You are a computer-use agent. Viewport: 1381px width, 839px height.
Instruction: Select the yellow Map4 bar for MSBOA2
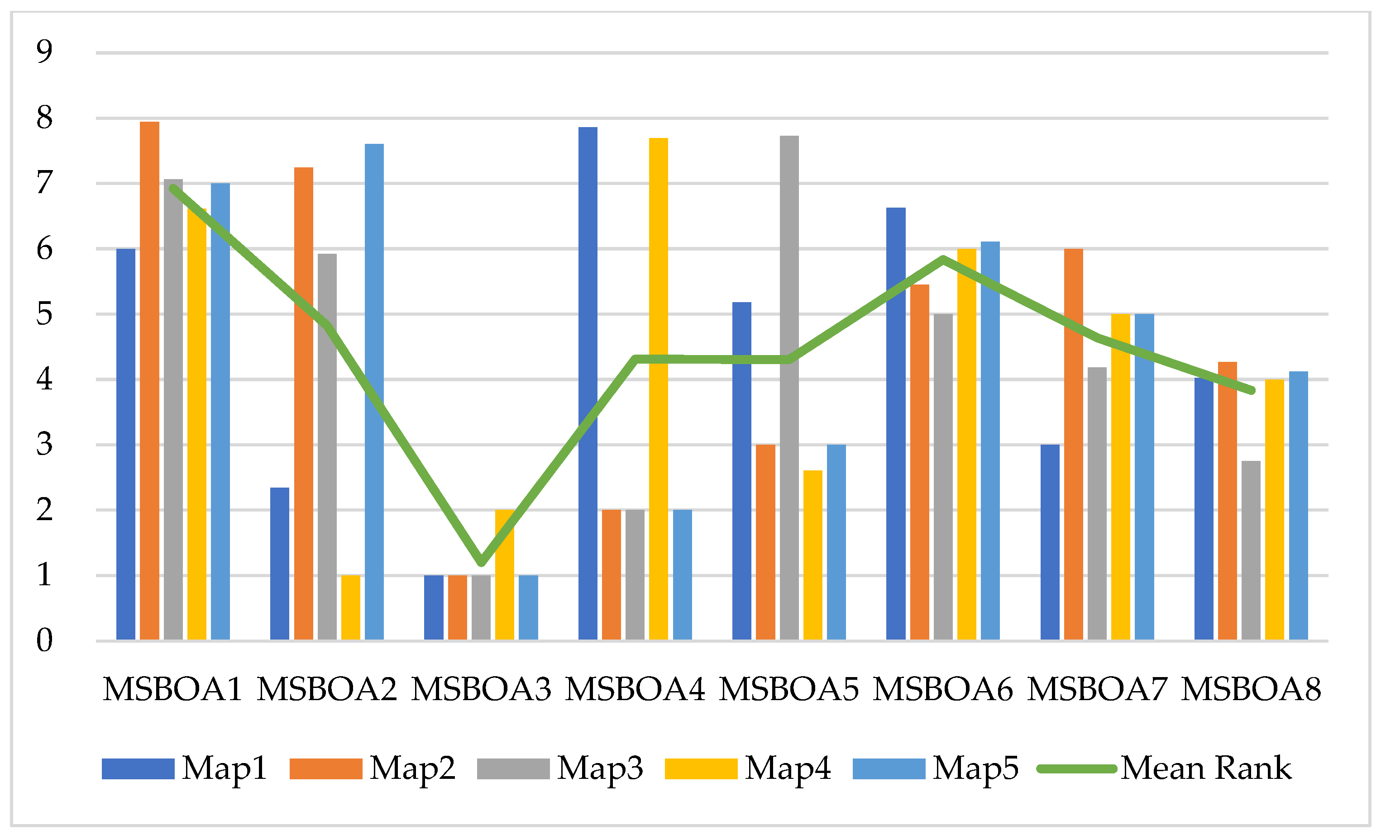click(350, 608)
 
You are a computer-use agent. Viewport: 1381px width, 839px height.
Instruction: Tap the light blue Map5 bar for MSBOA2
click(374, 392)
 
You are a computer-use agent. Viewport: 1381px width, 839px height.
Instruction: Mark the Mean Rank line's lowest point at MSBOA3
click(481, 562)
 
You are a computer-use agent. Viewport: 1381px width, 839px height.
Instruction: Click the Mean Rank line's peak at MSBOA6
click(943, 259)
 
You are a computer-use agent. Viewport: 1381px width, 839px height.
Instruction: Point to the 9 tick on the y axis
click(44, 52)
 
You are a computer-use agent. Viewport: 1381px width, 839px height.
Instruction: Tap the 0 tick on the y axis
click(44, 640)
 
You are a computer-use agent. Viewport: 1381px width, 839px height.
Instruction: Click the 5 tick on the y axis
click(44, 313)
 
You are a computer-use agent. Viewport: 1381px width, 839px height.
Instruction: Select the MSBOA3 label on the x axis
click(481, 689)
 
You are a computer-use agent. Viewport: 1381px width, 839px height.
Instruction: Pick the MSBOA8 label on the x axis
click(1251, 689)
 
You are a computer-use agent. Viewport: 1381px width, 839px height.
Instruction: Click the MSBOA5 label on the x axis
click(788, 689)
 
